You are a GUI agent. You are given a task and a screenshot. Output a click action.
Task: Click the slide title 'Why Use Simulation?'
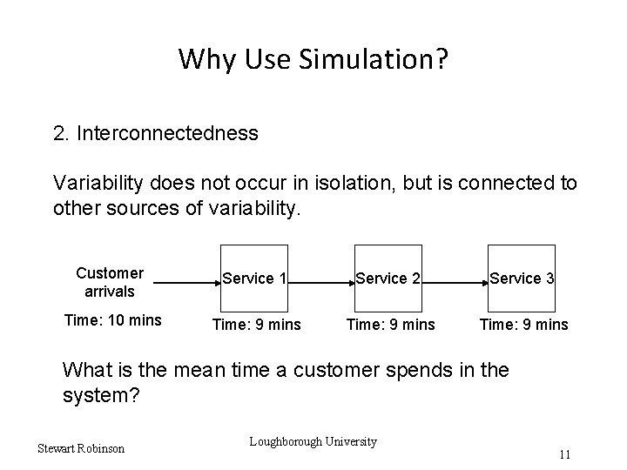coord(313,59)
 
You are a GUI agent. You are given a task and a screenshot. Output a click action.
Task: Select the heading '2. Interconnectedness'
coord(155,133)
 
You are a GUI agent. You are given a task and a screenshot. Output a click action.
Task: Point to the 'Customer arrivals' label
coord(110,281)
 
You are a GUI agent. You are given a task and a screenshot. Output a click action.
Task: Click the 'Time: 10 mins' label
coord(112,320)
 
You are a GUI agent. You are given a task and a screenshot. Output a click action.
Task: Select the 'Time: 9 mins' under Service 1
coord(257,325)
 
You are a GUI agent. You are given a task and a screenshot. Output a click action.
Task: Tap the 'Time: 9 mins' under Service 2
coord(390,325)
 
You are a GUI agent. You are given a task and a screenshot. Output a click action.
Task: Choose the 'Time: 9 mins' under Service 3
coord(523,325)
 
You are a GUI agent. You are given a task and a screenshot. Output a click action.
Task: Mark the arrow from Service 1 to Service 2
coord(320,283)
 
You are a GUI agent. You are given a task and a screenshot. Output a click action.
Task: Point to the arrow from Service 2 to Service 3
coord(455,283)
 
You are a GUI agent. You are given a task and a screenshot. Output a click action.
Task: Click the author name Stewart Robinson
coord(81,448)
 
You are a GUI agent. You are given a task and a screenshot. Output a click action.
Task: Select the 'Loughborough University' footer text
coord(313,441)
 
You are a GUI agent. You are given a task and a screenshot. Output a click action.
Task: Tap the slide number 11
coord(565,454)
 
